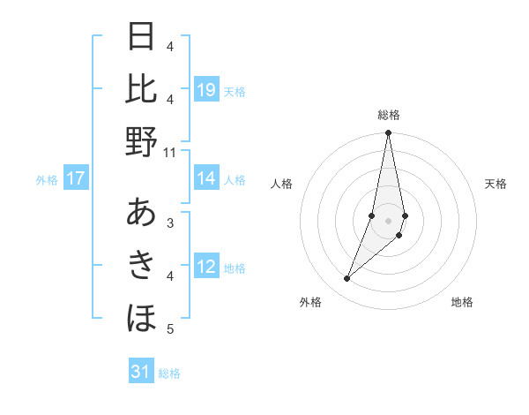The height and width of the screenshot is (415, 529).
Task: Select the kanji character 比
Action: click(x=141, y=89)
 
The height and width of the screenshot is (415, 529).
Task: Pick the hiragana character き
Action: click(x=141, y=264)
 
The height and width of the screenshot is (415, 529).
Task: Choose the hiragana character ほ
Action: click(x=141, y=316)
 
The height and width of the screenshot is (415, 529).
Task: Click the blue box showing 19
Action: click(x=206, y=89)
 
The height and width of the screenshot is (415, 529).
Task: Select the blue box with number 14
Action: click(x=206, y=179)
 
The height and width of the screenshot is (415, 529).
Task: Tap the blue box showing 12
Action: click(x=206, y=267)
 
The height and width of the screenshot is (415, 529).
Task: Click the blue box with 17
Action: click(x=76, y=179)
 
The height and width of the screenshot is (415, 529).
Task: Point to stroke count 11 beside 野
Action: click(x=170, y=153)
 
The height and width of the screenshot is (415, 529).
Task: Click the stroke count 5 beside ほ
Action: click(x=170, y=329)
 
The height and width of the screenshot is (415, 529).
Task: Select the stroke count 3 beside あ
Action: click(x=170, y=223)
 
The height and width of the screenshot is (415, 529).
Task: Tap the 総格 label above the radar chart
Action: click(x=389, y=115)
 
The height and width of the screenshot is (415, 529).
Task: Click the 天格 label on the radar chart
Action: click(x=496, y=184)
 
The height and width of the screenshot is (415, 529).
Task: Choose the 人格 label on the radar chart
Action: click(x=281, y=184)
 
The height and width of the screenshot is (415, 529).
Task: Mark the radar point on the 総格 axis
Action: click(x=389, y=133)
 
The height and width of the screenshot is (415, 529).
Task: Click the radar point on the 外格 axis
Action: click(x=347, y=279)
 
